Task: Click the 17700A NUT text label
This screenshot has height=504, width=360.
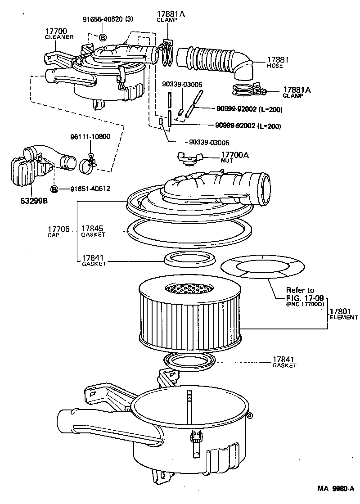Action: [x=234, y=157]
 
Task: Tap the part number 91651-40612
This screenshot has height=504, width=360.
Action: [x=90, y=189]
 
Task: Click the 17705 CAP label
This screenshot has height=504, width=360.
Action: [x=58, y=231]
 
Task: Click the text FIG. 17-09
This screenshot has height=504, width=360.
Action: [x=305, y=298]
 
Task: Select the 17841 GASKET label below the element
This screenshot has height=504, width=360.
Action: [x=284, y=361]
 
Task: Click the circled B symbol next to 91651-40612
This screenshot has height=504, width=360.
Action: [x=54, y=189]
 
